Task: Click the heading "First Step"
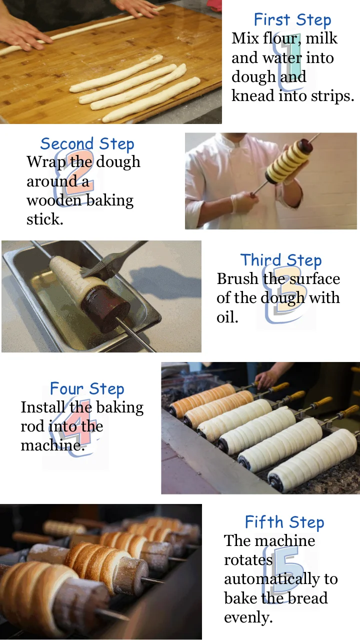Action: tap(292, 20)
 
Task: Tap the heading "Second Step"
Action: tap(87, 144)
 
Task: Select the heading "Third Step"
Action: tap(280, 260)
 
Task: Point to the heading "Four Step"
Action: tap(87, 389)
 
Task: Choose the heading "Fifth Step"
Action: tap(284, 522)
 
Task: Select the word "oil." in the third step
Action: tap(227, 317)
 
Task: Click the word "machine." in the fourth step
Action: tap(52, 445)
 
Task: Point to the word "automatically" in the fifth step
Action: tap(280, 579)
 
